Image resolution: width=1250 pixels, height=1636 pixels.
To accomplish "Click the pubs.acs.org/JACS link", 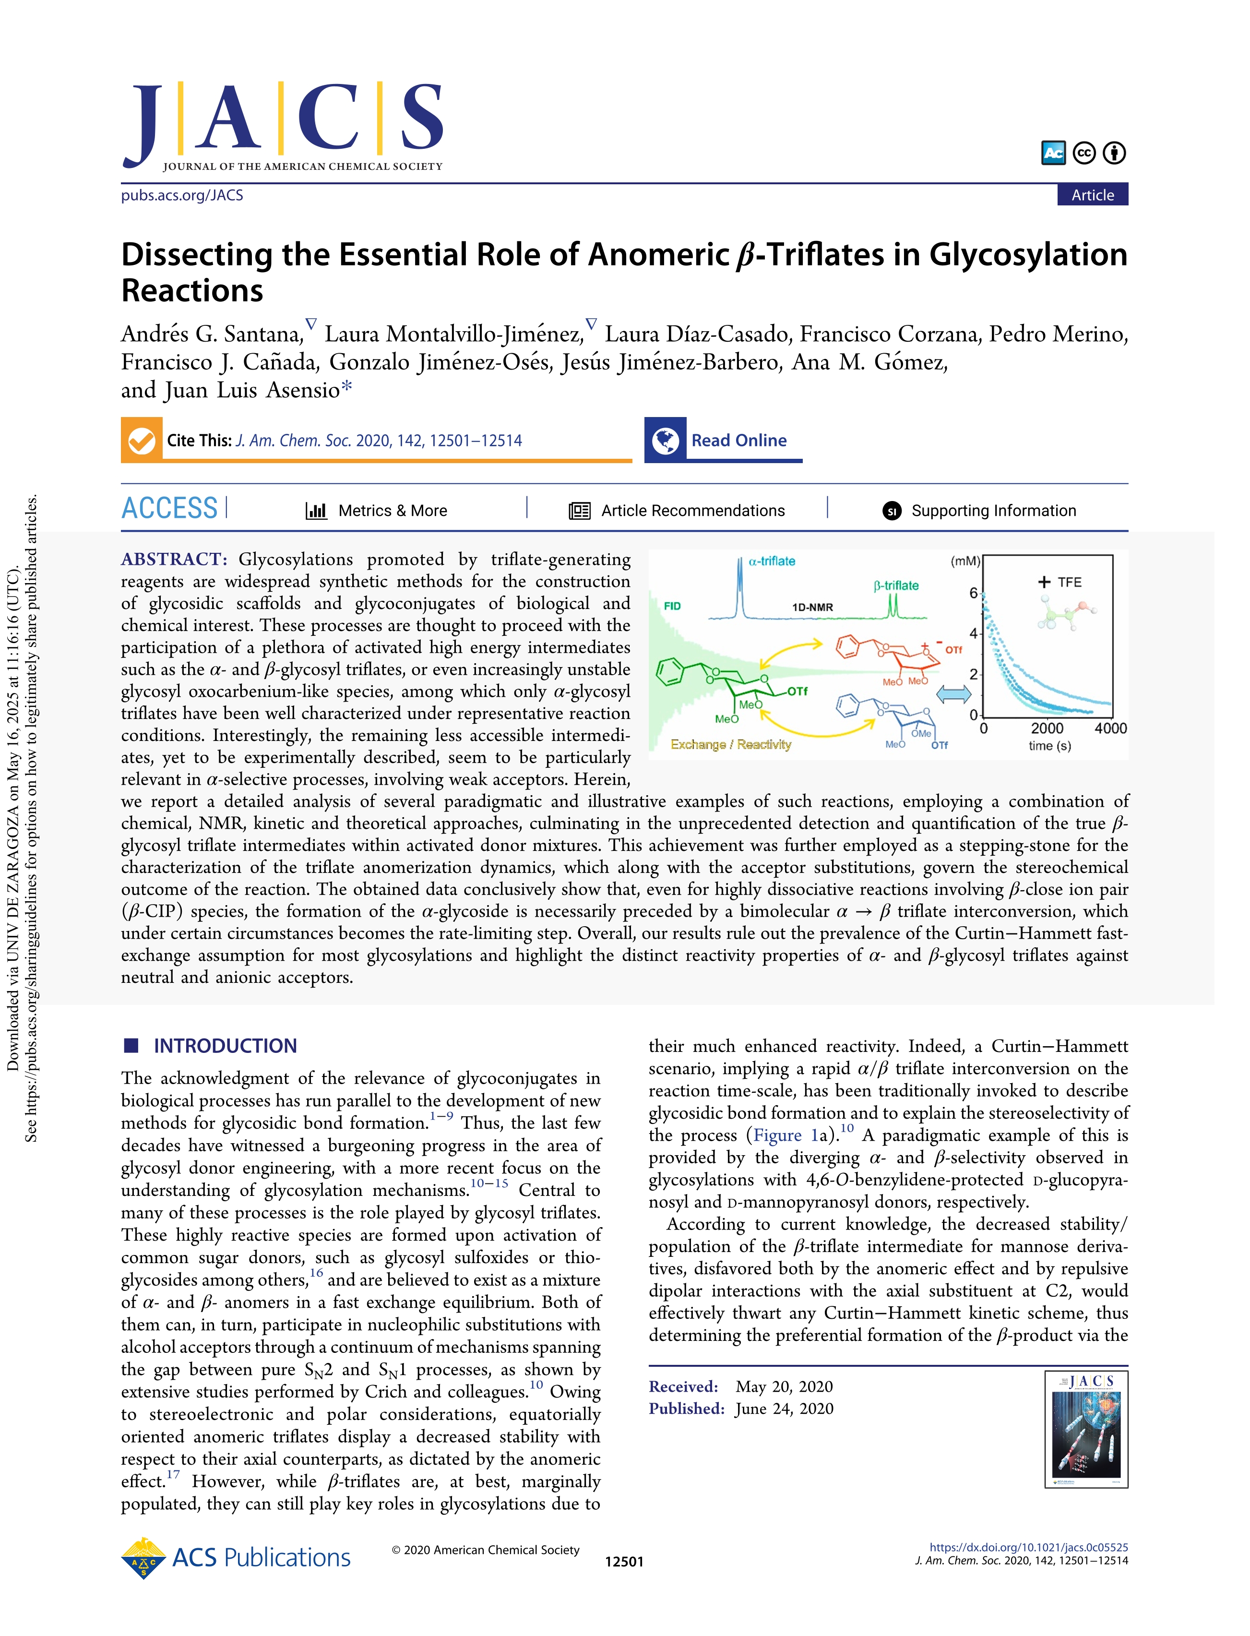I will tap(182, 195).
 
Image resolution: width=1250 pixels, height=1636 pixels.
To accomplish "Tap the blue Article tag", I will tap(1092, 195).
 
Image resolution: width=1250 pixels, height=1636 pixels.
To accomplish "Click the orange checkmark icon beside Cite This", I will tap(142, 441).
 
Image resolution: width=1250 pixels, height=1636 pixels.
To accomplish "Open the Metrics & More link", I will tap(377, 510).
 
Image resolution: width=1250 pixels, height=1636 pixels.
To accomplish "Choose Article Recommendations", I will tap(677, 510).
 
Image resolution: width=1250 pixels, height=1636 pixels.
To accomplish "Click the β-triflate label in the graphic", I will tap(896, 585).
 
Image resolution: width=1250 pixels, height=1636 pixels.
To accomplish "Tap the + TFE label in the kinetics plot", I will tap(1060, 582).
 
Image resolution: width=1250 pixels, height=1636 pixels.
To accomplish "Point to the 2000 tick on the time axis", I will tap(1047, 728).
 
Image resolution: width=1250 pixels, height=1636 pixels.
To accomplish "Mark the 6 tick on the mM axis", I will tap(973, 593).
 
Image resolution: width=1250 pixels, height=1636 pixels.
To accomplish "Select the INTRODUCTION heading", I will tap(225, 1046).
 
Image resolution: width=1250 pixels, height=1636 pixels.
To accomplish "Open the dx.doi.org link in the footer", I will tap(1028, 1548).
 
